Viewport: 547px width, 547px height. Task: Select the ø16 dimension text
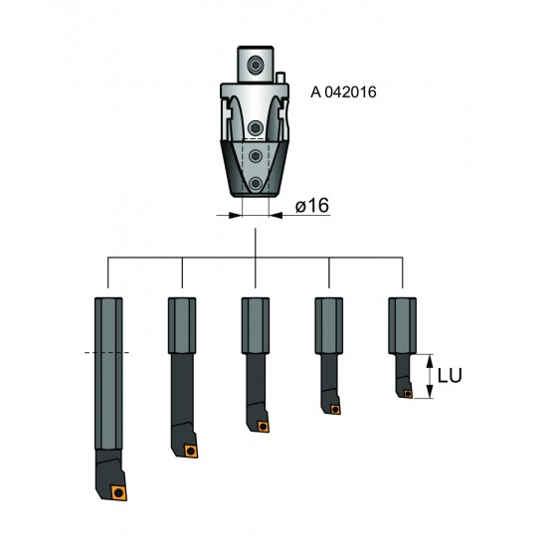312,206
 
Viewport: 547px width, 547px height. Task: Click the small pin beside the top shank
282,76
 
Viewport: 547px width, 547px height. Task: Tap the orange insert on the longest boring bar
119,490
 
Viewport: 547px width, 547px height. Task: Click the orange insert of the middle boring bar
263,428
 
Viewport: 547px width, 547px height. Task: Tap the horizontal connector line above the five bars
256,258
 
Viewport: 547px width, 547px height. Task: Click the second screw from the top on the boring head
257,128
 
